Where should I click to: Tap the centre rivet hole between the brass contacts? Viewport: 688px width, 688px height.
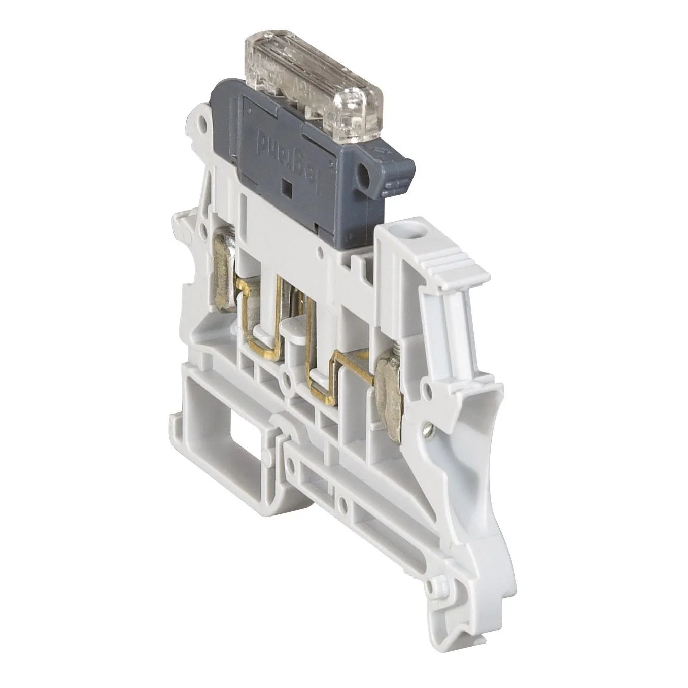288,379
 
